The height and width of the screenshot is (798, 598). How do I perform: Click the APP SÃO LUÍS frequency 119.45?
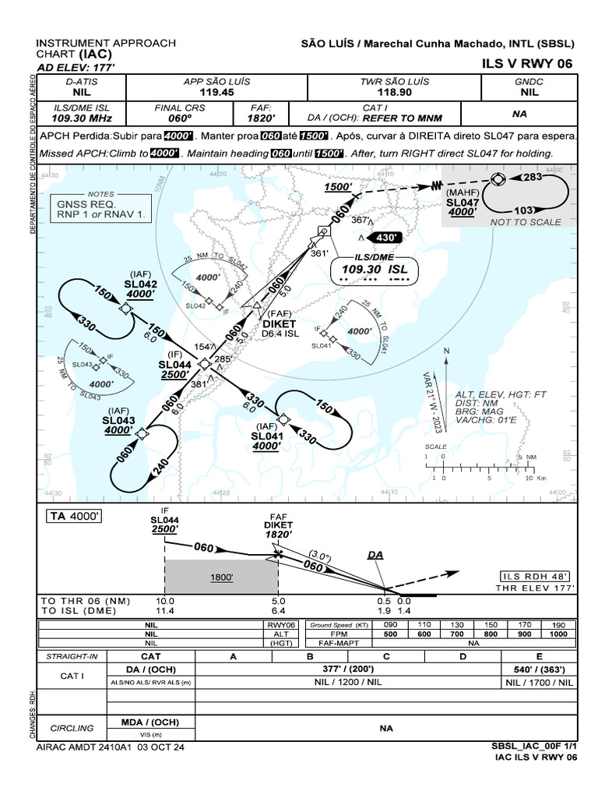209,92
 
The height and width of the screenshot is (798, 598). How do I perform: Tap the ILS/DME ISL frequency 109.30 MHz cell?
82,118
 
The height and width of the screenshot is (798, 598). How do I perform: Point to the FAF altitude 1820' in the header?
261,118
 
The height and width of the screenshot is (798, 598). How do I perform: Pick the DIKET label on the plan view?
279,324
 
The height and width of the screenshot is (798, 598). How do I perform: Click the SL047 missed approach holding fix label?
462,200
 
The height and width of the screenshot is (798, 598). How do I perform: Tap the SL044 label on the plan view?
174,364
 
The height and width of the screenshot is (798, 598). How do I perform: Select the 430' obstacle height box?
387,237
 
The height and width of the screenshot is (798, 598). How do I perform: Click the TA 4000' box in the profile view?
76,516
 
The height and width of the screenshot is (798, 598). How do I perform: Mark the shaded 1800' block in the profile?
221,578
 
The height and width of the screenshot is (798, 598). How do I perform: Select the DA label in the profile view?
375,554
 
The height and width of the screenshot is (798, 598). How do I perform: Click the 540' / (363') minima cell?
540,669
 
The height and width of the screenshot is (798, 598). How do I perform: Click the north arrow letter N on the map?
446,351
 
